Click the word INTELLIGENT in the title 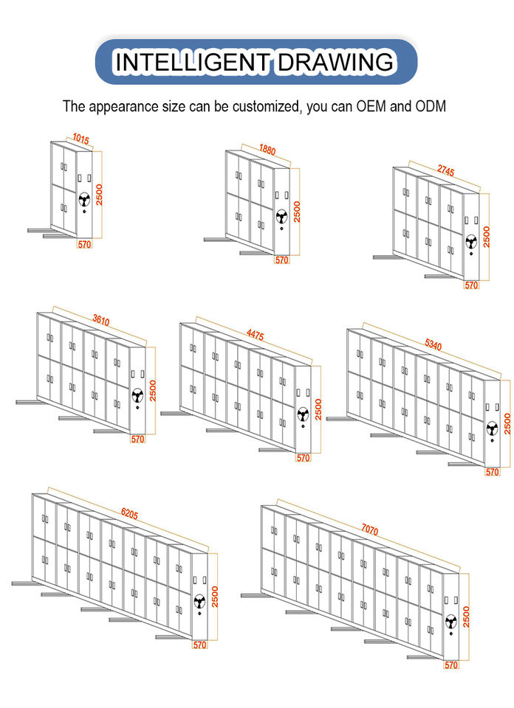tap(192, 61)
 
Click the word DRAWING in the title tap(336, 61)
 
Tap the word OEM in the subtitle tap(371, 106)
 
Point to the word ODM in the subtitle tap(431, 106)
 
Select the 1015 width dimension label tap(80, 139)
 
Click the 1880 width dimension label tap(267, 150)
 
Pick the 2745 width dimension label tap(446, 170)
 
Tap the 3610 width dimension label tap(101, 319)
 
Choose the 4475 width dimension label tap(255, 335)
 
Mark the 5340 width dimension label tap(433, 344)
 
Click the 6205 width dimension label tap(129, 513)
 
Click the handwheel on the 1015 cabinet tap(84, 199)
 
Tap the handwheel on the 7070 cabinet tap(450, 622)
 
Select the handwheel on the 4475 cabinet tap(303, 414)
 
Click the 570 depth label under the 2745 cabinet tap(471, 285)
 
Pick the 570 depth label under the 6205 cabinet tap(199, 645)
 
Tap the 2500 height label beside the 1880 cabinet tap(297, 212)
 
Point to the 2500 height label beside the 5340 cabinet tap(507, 423)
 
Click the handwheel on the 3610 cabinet tap(137, 395)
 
